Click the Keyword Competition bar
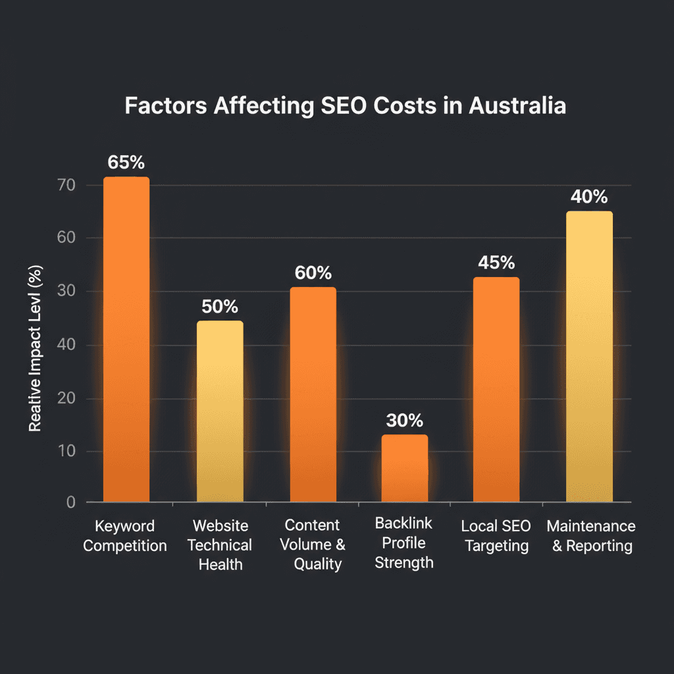126,339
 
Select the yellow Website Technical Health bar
220,411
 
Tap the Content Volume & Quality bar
313,395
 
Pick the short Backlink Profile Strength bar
404,469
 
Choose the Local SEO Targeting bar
496,390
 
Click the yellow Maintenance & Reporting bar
589,357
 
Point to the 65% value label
126,162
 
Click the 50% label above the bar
220,306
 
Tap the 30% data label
405,420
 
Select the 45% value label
496,263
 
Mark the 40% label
589,196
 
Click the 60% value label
313,272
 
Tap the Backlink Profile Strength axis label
404,543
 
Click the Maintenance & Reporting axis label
590,536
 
